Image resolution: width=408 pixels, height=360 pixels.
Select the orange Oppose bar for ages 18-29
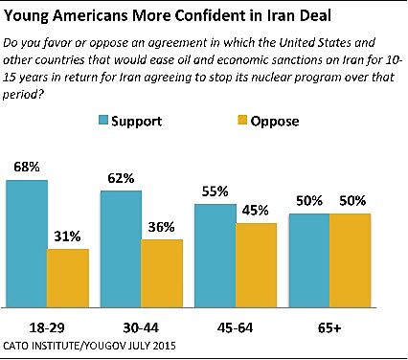click(67, 277)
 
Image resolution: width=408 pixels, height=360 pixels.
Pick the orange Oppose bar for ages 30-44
click(161, 272)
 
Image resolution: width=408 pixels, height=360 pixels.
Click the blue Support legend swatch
click(103, 122)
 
